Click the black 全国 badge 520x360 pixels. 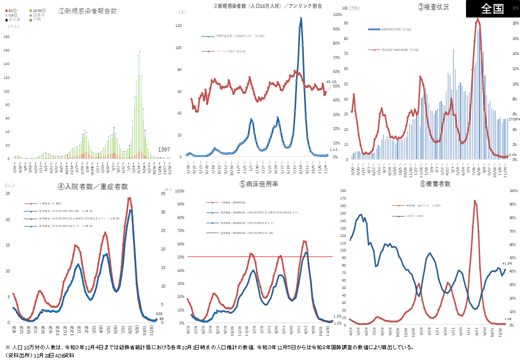[492, 9]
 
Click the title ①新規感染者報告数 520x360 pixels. [87, 10]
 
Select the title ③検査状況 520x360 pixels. [433, 7]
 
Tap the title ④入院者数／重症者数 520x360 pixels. [92, 186]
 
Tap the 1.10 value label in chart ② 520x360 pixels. [333, 149]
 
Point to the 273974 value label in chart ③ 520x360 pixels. [513, 119]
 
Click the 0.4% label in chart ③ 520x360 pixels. [512, 154]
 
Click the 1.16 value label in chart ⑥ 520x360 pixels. [508, 318]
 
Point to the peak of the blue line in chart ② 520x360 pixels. [301, 18]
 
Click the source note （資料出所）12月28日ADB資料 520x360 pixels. [39, 355]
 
